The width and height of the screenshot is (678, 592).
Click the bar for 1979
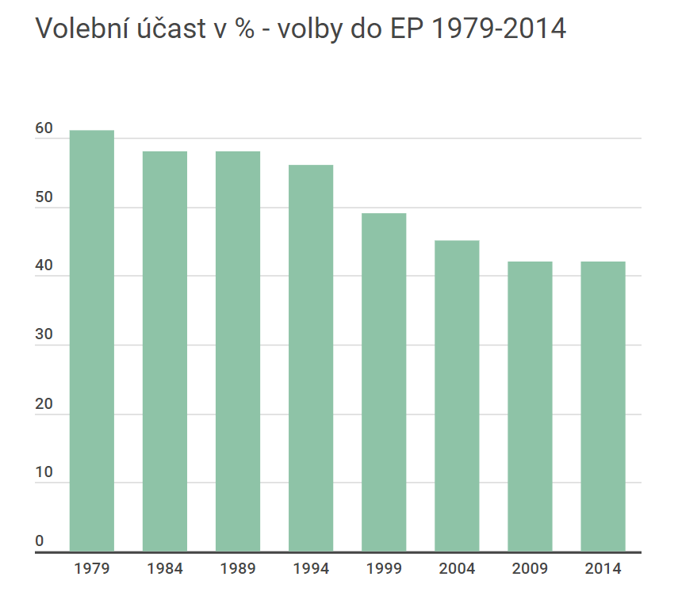tap(92, 341)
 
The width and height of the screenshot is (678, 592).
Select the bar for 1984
tap(165, 351)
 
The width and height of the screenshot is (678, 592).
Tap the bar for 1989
tap(238, 351)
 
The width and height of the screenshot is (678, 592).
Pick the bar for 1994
tap(311, 358)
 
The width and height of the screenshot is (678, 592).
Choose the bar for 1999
tap(384, 382)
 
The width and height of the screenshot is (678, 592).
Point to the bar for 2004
tap(457, 396)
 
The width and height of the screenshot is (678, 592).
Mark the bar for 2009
tap(530, 407)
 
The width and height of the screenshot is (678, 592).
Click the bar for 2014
tap(603, 407)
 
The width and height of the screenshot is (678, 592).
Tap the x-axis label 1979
tap(92, 569)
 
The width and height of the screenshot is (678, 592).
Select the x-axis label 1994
tap(311, 569)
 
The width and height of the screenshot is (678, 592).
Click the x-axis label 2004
tap(457, 569)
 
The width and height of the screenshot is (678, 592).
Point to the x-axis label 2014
tap(603, 569)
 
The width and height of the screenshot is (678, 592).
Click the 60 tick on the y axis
tap(44, 129)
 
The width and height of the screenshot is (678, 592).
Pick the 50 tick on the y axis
tap(44, 197)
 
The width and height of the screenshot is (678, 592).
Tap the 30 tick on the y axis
tap(44, 335)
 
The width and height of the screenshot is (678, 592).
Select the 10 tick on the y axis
tap(44, 473)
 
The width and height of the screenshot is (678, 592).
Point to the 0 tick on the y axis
tap(40, 541)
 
